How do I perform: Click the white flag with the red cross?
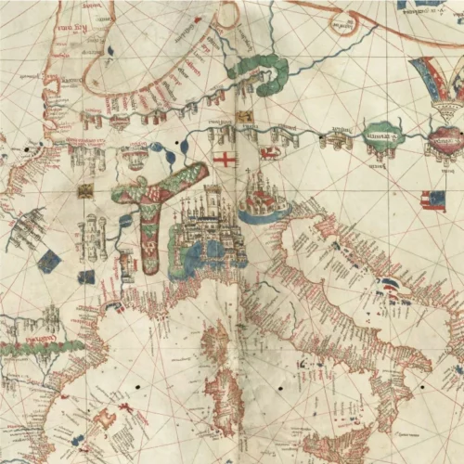tap(225, 160)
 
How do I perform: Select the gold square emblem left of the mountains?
tap(84, 191)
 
